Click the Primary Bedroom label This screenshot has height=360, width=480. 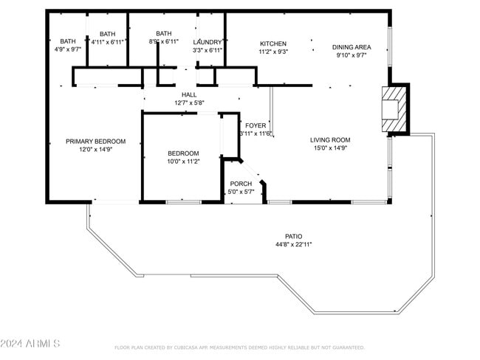coord(95,141)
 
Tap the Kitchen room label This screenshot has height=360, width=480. coord(272,44)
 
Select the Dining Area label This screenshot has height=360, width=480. coord(352,46)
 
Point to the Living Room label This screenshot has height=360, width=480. coord(329,139)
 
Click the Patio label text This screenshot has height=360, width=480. coord(293,236)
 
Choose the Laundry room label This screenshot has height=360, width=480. coord(208,42)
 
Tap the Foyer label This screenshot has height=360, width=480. coord(256,125)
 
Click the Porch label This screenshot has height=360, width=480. coord(241,184)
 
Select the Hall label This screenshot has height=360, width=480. coord(189,94)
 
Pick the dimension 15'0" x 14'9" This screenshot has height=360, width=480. coord(329,148)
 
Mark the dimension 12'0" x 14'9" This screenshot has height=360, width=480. coord(95,149)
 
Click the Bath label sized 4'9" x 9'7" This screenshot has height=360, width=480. coord(68,41)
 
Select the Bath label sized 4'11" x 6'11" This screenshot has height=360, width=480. coord(108,34)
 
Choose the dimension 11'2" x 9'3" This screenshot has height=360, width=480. coord(272,52)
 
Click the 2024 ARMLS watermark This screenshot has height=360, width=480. coord(31,344)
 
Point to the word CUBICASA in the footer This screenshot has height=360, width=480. coord(189,347)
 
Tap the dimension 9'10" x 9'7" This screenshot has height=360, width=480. coord(352,55)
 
